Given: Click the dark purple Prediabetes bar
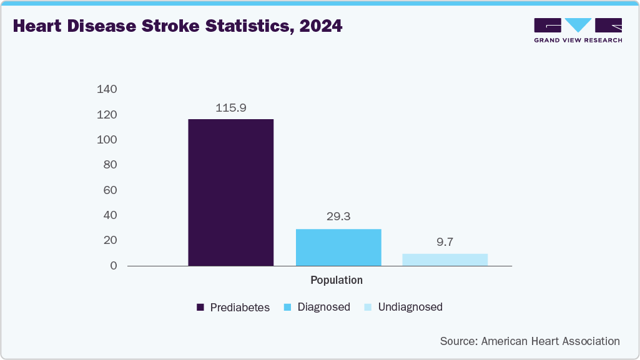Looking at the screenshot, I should point(230,192).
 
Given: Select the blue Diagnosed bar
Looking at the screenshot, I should point(338,247).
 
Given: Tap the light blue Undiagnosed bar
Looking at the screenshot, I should point(445,260).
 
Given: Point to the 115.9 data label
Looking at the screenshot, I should point(231,108).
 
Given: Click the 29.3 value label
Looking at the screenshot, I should point(338,217).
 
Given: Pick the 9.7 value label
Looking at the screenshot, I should point(445,242).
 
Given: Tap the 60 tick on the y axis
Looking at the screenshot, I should point(110,190).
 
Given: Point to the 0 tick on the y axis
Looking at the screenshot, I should point(114,266).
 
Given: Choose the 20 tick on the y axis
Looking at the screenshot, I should point(110,240).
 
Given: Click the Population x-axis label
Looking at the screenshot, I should point(337,280).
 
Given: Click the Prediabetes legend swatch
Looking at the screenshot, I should point(200,307).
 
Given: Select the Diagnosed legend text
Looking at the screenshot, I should point(323,307).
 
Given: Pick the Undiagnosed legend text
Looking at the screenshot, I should point(410,307).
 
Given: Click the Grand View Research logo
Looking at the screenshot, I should point(578,30).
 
